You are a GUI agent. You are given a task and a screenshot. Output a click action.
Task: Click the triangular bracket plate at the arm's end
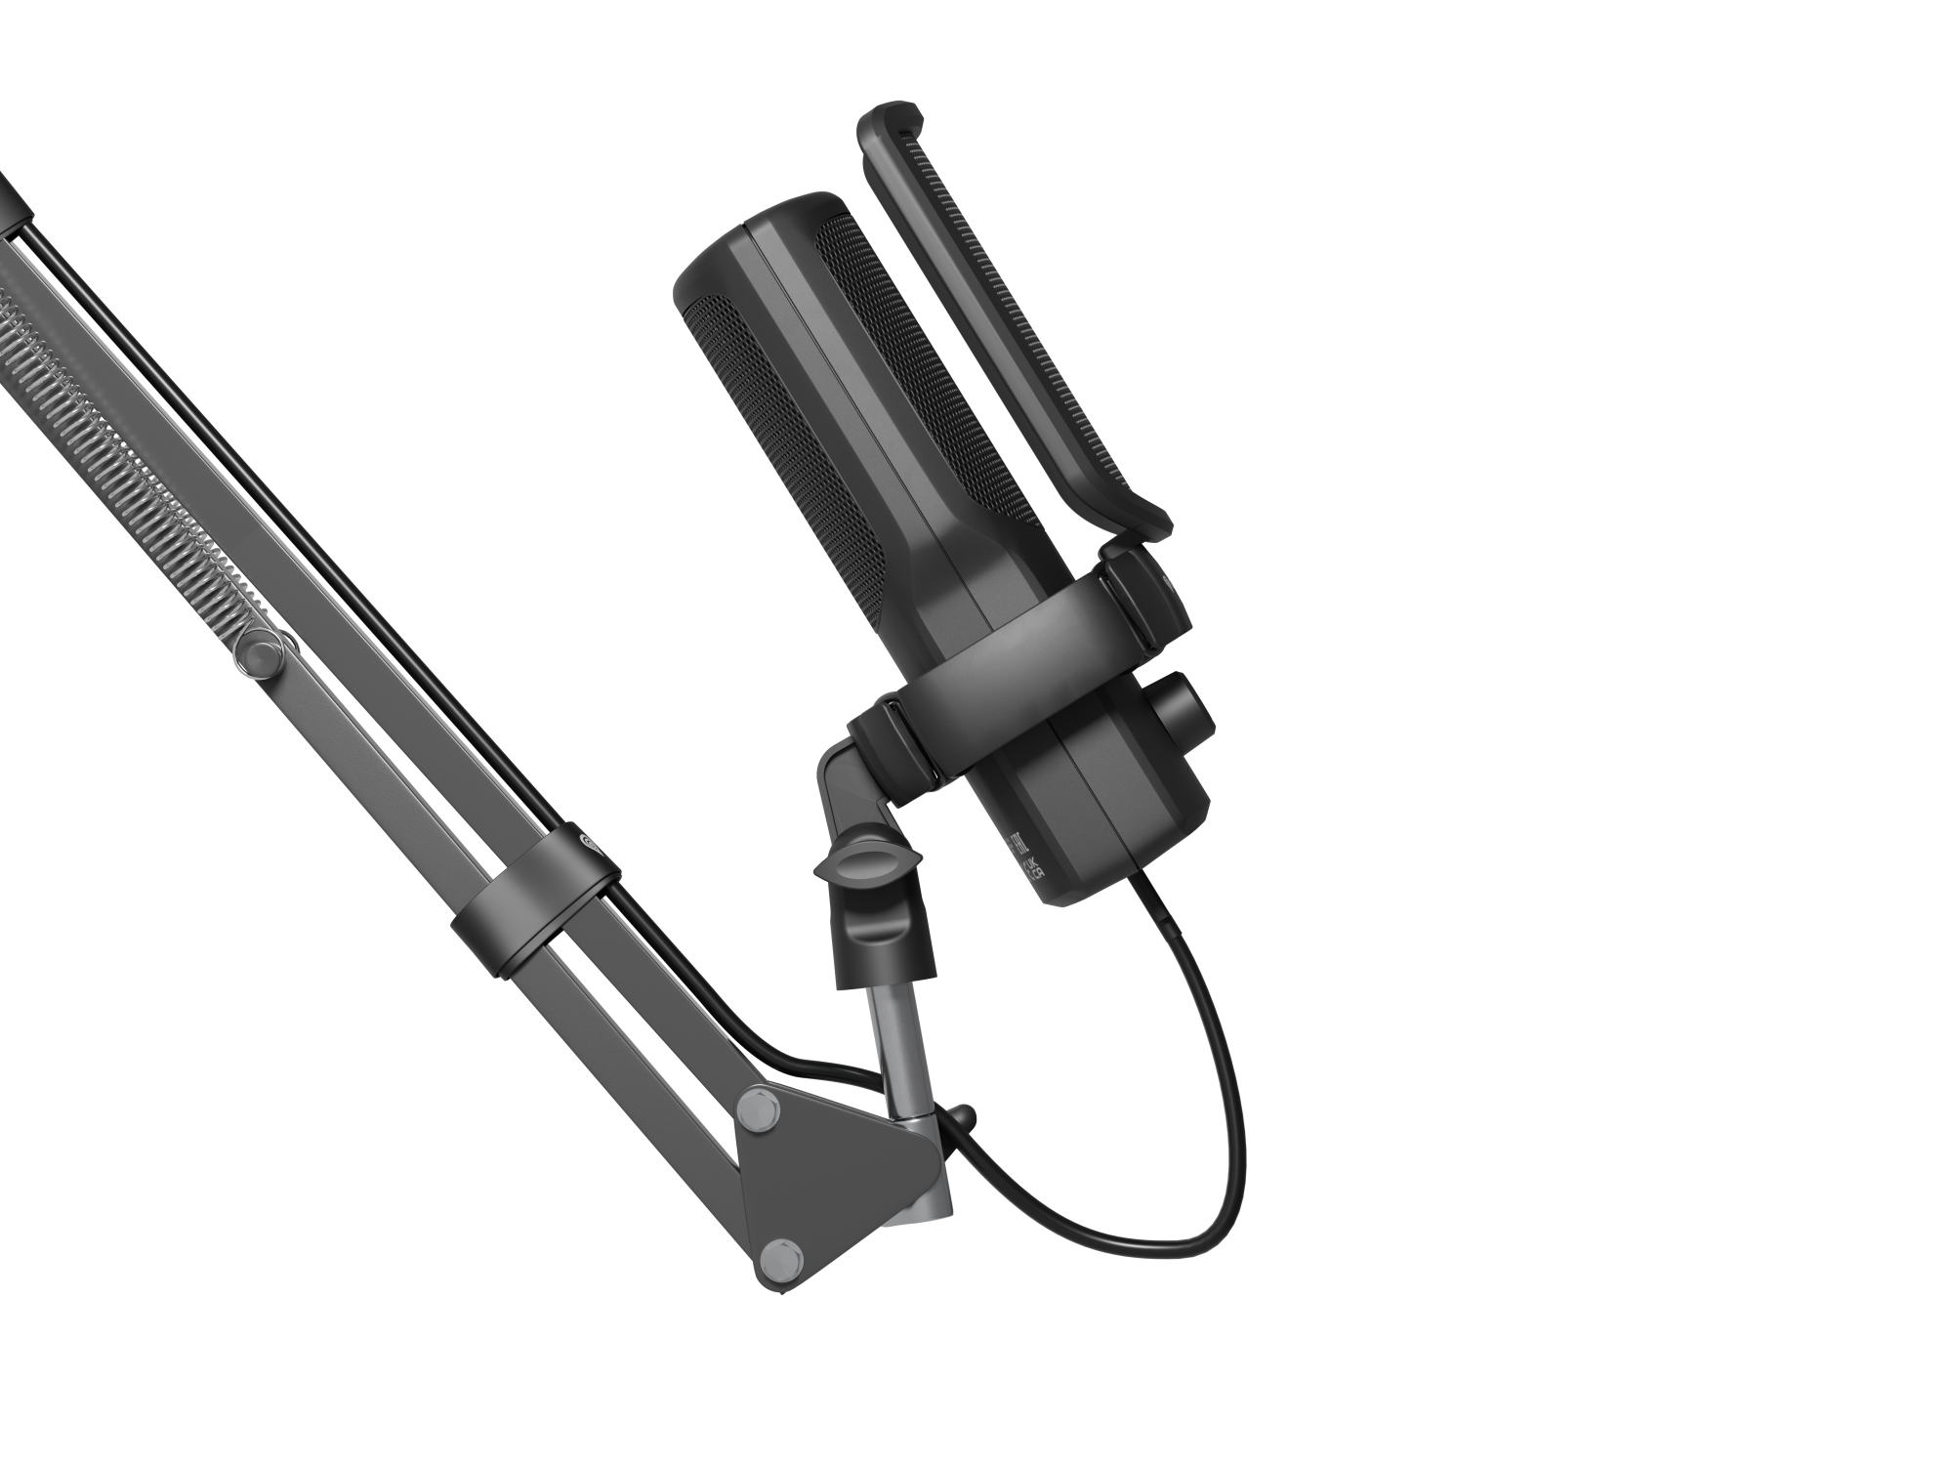(830, 1172)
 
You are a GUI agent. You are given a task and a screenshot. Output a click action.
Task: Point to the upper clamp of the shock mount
(1138, 586)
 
